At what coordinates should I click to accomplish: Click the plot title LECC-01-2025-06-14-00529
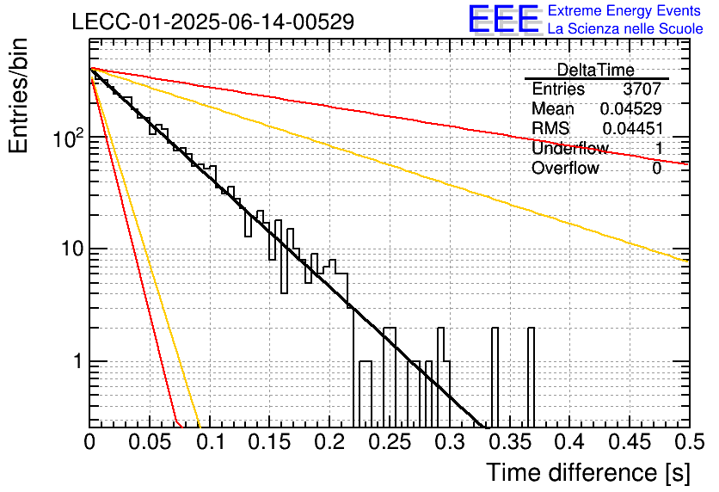click(213, 22)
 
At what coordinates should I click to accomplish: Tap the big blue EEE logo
click(504, 20)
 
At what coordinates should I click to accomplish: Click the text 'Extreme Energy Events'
click(624, 10)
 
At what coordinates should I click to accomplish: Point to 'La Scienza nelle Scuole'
click(625, 28)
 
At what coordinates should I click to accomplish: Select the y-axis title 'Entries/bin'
click(18, 95)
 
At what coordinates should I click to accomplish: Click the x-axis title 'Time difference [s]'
click(588, 473)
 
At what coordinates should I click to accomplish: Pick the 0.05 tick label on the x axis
click(150, 442)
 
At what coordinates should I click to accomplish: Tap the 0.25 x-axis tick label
click(390, 442)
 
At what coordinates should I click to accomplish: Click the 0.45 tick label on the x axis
click(630, 442)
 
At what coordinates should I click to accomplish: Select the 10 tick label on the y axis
click(72, 249)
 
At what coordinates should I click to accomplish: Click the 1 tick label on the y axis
click(78, 361)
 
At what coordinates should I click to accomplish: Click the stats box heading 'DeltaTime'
click(596, 70)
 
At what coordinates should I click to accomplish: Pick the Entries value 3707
click(642, 89)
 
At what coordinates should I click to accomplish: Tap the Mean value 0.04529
click(631, 108)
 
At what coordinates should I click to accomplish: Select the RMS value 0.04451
click(633, 128)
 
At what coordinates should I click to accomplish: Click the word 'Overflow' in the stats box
click(565, 168)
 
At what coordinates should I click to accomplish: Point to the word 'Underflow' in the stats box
click(570, 148)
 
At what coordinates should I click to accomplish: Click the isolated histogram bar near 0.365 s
click(531, 377)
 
